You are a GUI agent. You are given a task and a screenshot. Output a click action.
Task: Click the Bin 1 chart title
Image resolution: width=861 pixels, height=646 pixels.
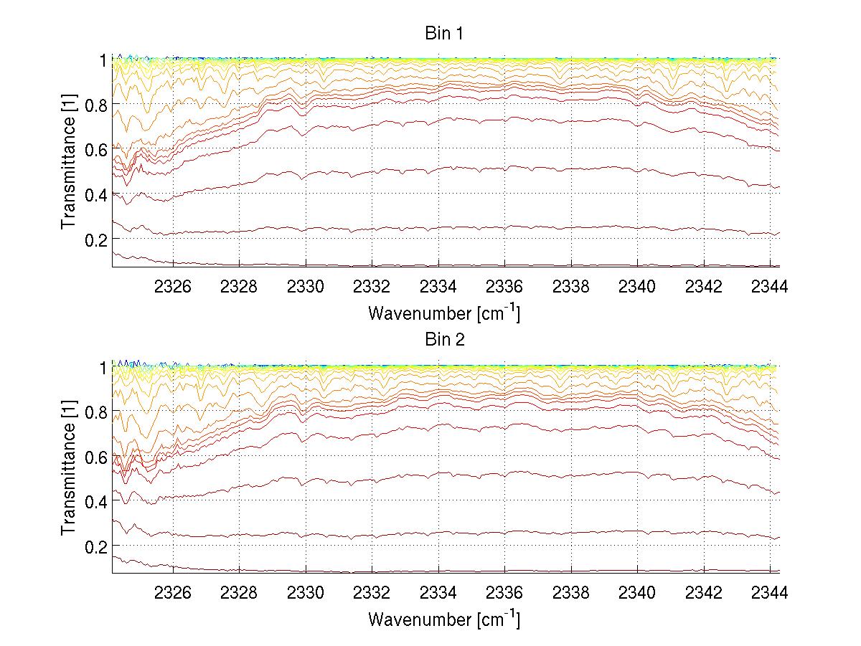tap(445, 34)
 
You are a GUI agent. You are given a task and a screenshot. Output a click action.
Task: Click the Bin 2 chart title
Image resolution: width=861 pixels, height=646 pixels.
tap(445, 340)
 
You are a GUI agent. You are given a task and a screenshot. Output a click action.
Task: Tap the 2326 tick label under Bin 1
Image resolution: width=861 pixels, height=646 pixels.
tap(173, 287)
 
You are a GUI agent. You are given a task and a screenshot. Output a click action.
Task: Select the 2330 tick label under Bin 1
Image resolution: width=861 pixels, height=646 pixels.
tap(306, 287)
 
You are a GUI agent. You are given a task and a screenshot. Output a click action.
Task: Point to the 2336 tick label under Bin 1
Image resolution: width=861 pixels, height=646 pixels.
tap(504, 287)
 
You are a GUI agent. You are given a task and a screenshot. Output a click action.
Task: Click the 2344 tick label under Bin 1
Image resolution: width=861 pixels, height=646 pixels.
tap(770, 287)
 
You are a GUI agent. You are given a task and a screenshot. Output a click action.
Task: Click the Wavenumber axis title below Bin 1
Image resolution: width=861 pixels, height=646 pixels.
tap(443, 313)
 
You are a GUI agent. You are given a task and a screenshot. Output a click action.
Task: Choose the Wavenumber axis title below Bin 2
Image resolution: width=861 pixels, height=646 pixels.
tap(443, 619)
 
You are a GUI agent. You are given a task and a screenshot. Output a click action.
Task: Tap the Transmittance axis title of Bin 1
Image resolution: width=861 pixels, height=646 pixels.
tap(69, 163)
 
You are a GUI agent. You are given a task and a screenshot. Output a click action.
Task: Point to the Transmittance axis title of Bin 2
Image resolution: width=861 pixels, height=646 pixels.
tap(69, 469)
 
